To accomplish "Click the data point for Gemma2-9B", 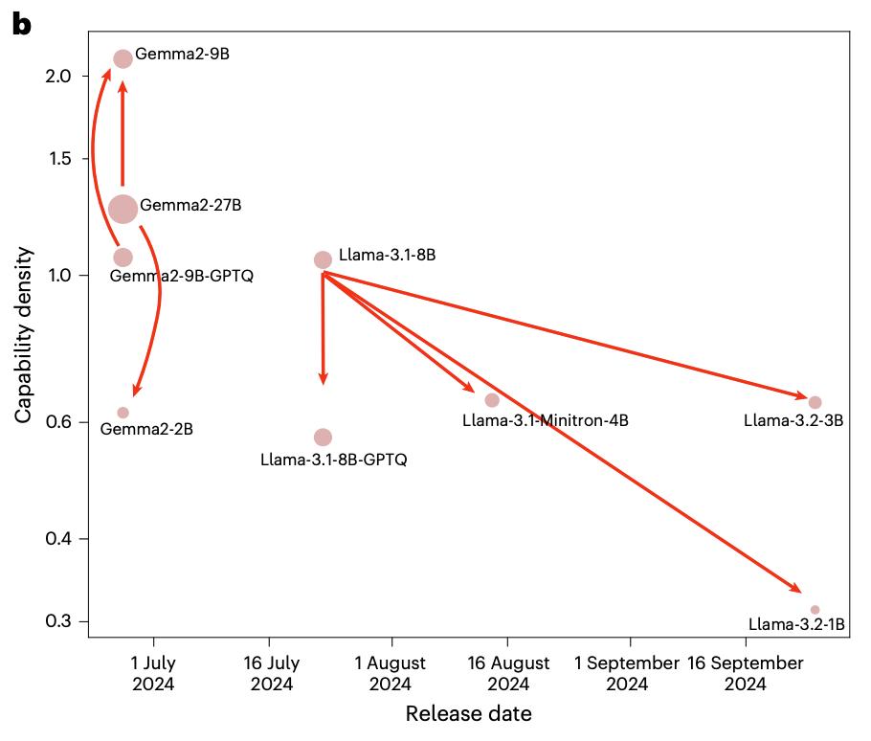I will pyautogui.click(x=123, y=59).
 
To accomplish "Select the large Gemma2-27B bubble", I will pyautogui.click(x=123, y=208).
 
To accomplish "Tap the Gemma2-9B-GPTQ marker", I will pyautogui.click(x=123, y=257).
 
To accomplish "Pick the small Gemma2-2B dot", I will pyautogui.click(x=123, y=413).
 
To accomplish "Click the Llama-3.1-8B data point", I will pyautogui.click(x=323, y=259).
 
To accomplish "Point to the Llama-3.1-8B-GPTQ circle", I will pyautogui.click(x=323, y=438).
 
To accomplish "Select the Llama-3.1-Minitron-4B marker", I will pyautogui.click(x=492, y=400).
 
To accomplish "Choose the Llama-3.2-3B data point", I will pyautogui.click(x=815, y=402).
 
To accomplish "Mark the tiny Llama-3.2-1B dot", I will pyautogui.click(x=815, y=610).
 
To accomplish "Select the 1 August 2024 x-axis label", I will pyautogui.click(x=390, y=673).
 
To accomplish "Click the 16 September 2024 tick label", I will pyautogui.click(x=745, y=673).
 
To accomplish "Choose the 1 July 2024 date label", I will pyautogui.click(x=154, y=673).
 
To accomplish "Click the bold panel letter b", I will pyautogui.click(x=21, y=26).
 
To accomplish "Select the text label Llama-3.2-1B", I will pyautogui.click(x=796, y=625).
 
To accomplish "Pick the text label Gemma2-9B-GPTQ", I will pyautogui.click(x=182, y=276).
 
